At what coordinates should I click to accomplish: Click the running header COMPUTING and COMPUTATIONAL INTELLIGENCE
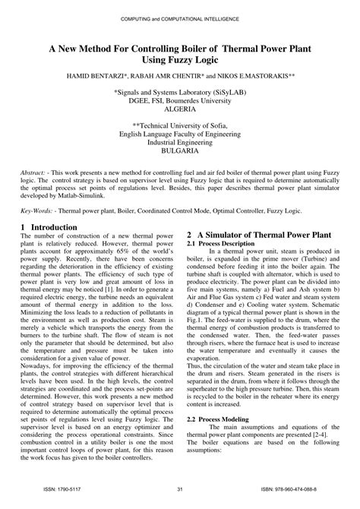(x=180, y=17)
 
